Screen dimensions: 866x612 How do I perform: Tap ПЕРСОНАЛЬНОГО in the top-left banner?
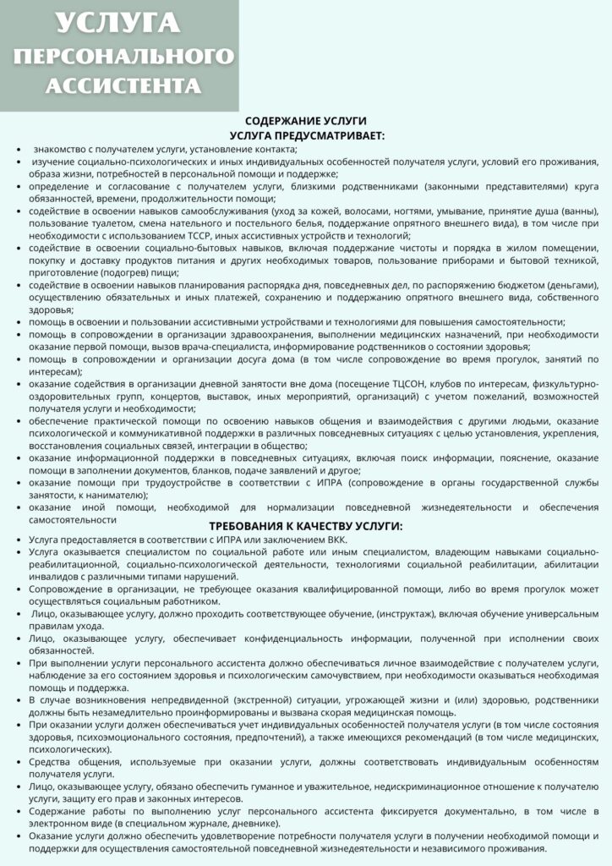tap(124, 56)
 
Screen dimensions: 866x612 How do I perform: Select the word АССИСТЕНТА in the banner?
tap(123, 85)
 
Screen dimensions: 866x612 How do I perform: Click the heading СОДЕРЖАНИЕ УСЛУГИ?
tap(306, 121)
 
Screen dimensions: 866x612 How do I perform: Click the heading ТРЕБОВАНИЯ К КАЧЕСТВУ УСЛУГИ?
tap(306, 525)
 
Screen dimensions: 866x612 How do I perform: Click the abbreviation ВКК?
tap(347, 539)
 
